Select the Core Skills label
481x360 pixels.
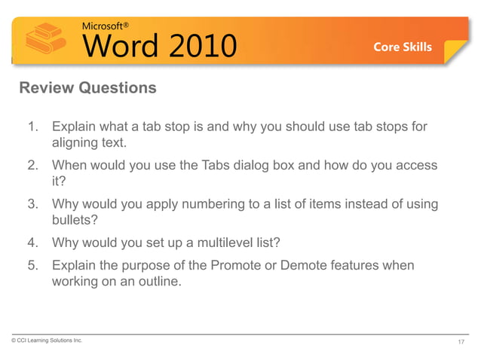pos(403,47)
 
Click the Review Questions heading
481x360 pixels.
pos(87,88)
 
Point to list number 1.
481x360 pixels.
pos(34,127)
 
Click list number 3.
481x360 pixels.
pos(34,205)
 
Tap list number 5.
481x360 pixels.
pos(34,267)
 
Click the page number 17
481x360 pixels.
pos(461,342)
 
